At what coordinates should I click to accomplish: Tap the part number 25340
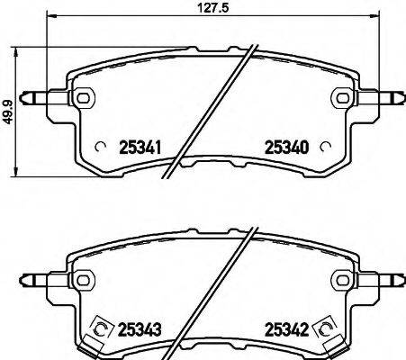point(286,147)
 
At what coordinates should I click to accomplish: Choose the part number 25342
point(286,329)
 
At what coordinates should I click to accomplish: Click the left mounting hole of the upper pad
point(83,96)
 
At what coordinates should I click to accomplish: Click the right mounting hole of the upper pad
point(341,96)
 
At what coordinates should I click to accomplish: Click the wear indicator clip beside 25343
point(99,331)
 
